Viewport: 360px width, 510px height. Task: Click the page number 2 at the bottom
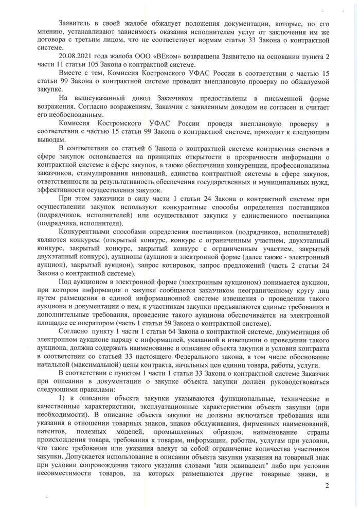click(326, 486)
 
